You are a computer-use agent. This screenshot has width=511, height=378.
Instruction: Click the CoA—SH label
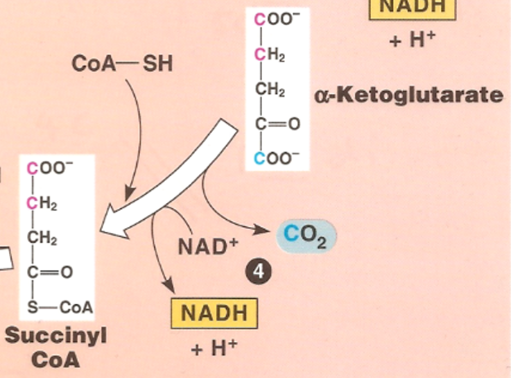pos(122,65)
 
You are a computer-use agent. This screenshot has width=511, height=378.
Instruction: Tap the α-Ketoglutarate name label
pos(409,94)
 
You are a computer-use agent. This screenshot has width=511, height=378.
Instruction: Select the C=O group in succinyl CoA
pos(49,273)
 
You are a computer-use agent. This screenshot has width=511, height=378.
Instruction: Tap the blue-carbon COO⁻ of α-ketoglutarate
pos(277,158)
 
